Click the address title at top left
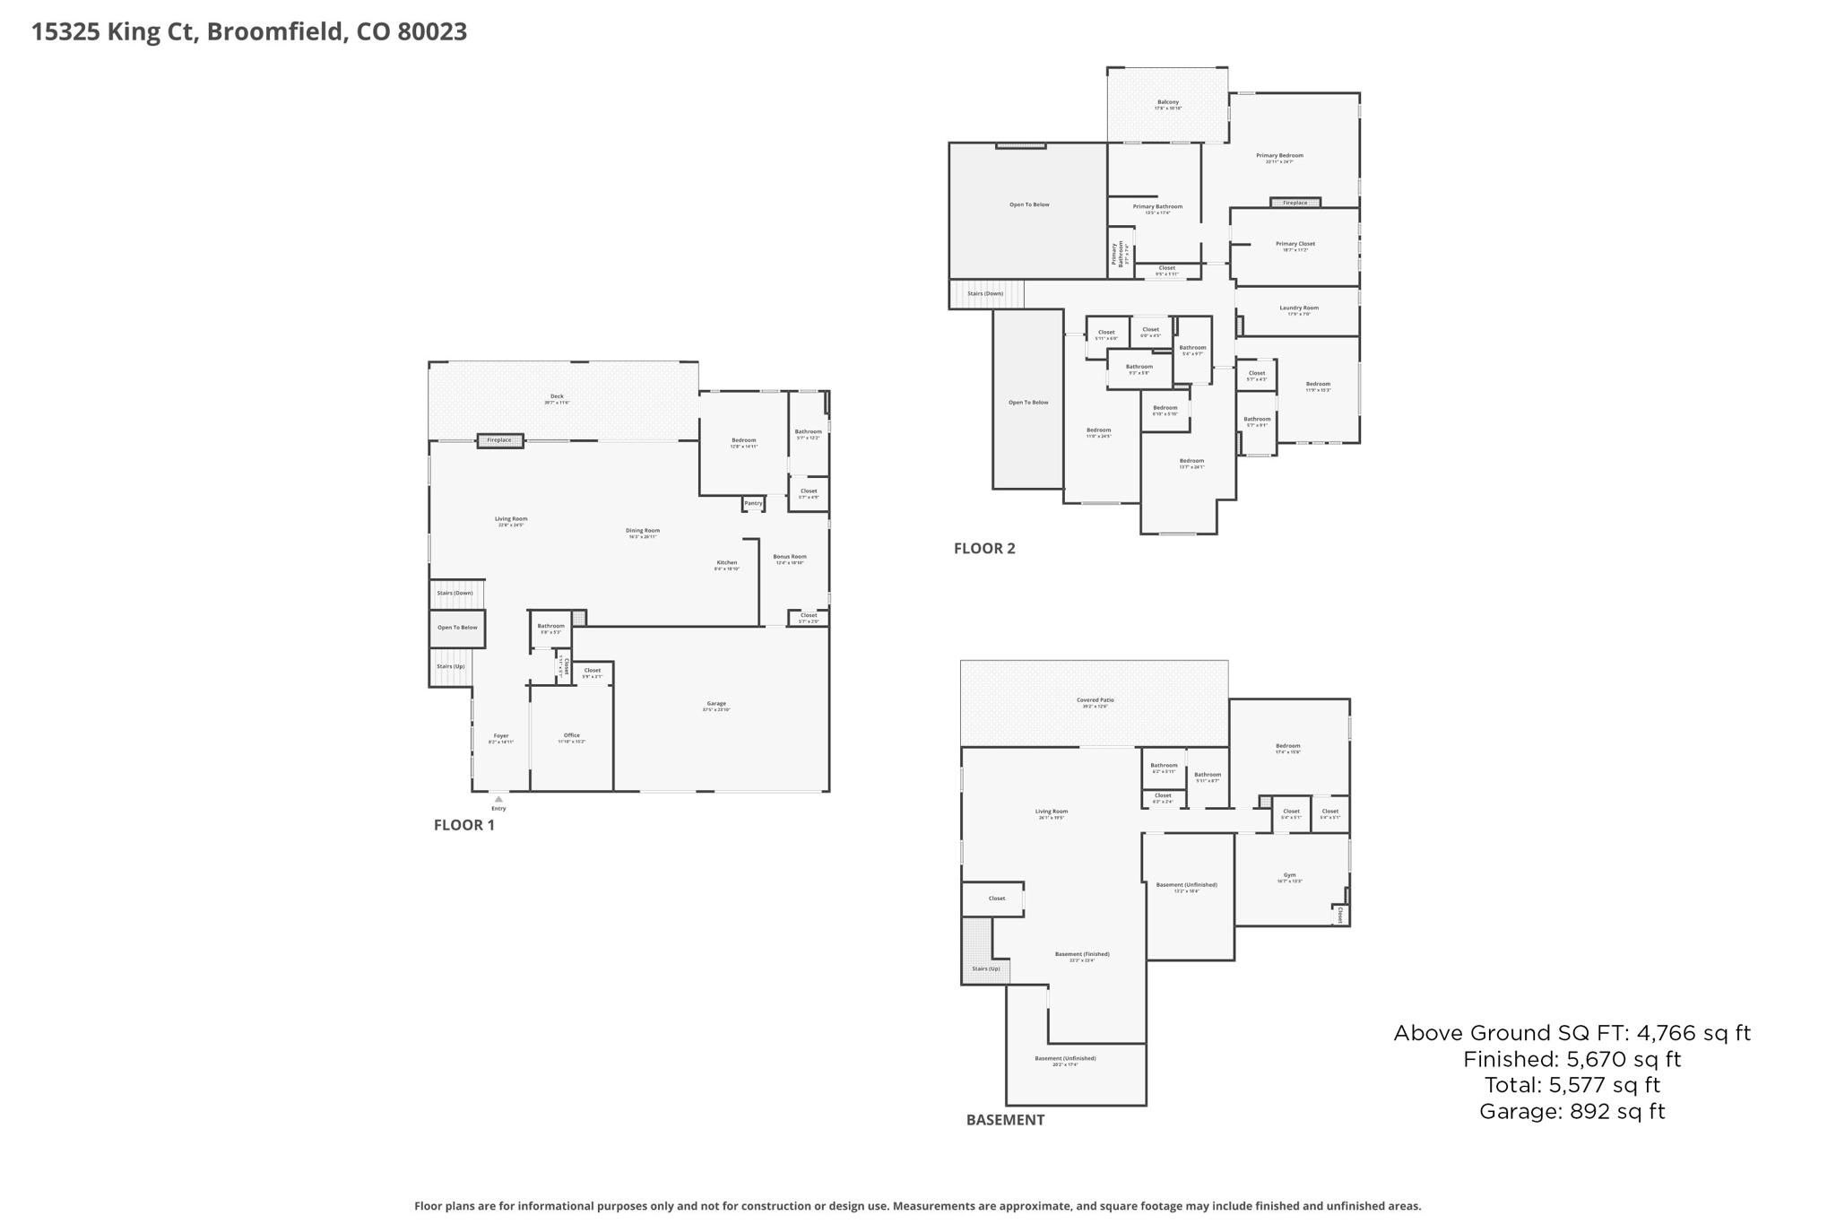click(249, 32)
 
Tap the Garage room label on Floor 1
click(715, 705)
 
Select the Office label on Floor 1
click(572, 736)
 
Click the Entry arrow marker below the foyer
click(498, 799)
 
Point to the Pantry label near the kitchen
click(753, 503)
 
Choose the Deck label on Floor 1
click(557, 397)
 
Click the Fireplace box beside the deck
click(499, 440)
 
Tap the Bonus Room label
click(790, 558)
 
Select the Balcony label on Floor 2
click(1167, 103)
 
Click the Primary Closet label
click(1295, 245)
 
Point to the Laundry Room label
click(1298, 308)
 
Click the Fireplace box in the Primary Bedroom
click(1295, 203)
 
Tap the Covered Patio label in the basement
click(1095, 701)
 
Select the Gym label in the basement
click(1289, 876)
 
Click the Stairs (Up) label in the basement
click(985, 968)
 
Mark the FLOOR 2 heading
click(984, 549)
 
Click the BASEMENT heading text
click(1005, 1120)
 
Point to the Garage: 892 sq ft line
click(1572, 1112)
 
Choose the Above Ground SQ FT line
click(1572, 1033)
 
